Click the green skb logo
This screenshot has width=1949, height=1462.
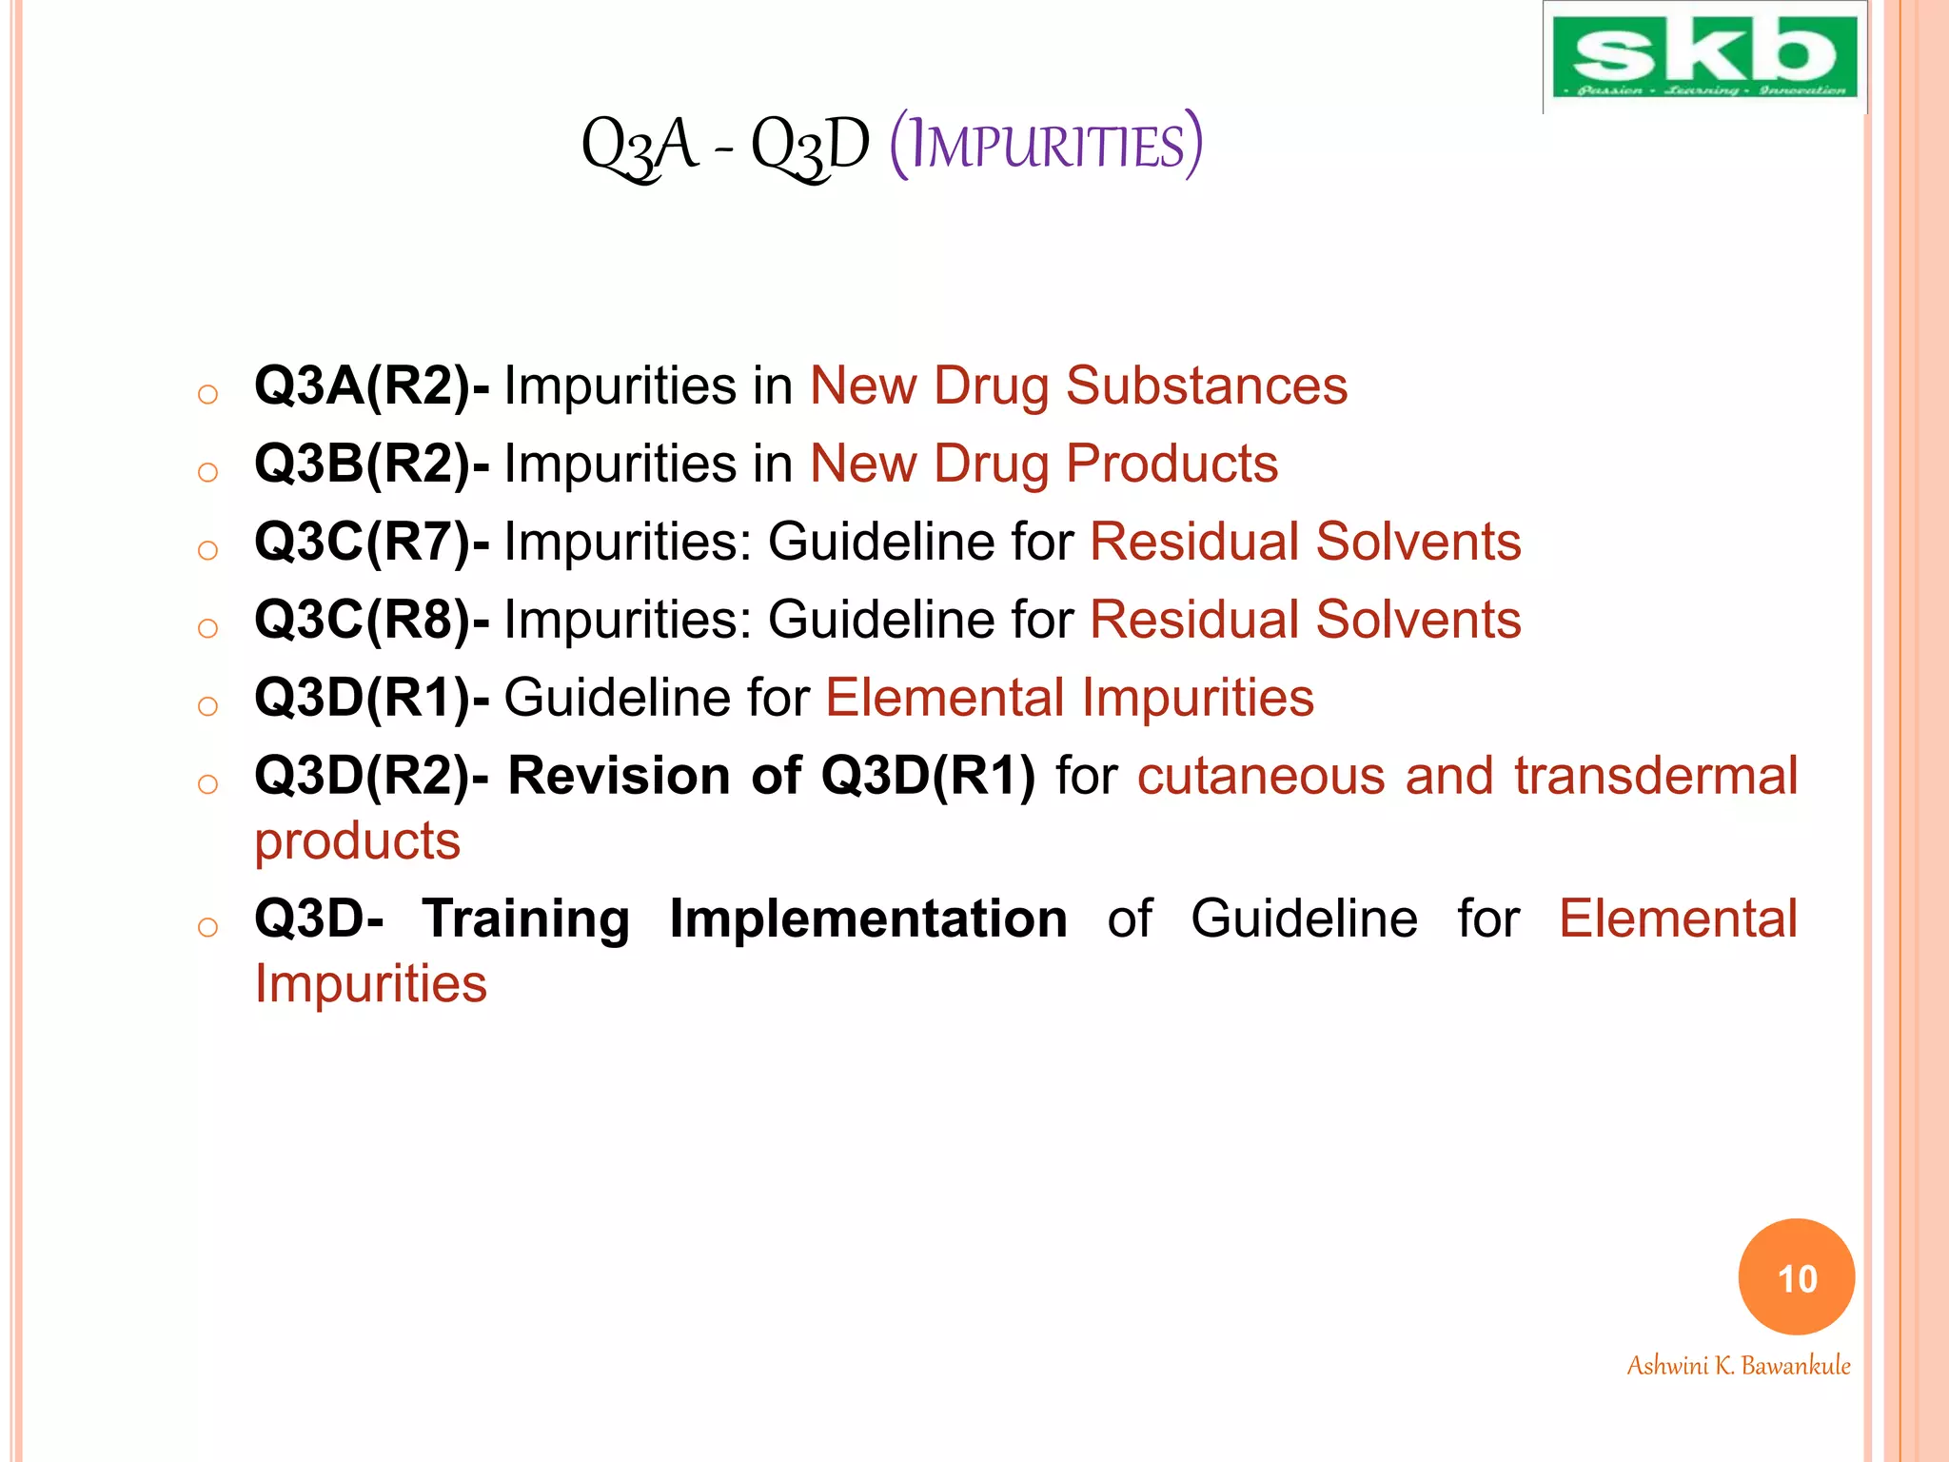coord(1703,57)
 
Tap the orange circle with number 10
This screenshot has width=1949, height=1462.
coord(1796,1277)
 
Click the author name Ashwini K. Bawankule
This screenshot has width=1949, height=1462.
coord(1738,1365)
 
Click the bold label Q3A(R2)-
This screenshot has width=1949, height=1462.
coord(372,386)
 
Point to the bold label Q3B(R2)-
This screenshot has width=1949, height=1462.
coord(372,464)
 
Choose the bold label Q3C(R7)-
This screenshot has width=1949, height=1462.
coord(372,543)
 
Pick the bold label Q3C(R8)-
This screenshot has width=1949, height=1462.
coord(372,621)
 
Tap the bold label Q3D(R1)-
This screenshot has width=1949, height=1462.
coord(372,699)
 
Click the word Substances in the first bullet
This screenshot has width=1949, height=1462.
coord(1206,386)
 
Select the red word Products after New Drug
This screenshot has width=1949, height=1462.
coord(1171,464)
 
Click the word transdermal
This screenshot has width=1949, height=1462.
coord(1655,776)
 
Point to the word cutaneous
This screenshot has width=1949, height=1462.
coord(1261,776)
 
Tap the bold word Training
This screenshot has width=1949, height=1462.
coord(526,919)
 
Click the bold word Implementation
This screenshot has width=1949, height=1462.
coord(868,919)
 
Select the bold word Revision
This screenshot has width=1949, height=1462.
coord(620,776)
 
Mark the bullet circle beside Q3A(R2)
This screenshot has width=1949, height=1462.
coord(207,394)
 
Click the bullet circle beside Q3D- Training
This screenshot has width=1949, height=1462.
coord(207,927)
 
